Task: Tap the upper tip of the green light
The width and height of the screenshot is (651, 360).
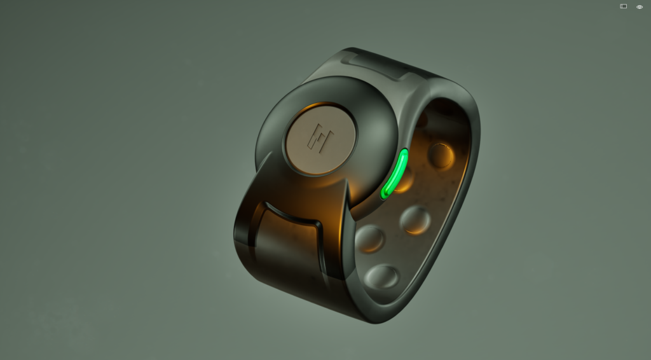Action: pyautogui.click(x=403, y=153)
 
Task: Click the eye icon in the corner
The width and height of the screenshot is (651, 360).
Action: pyautogui.click(x=640, y=7)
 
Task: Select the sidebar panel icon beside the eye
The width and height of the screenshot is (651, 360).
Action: pyautogui.click(x=624, y=6)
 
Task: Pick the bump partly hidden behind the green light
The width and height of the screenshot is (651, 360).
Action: pyautogui.click(x=407, y=180)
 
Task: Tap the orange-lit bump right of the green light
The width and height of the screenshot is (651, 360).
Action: pyautogui.click(x=441, y=155)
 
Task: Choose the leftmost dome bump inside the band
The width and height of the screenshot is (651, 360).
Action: pyautogui.click(x=370, y=239)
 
